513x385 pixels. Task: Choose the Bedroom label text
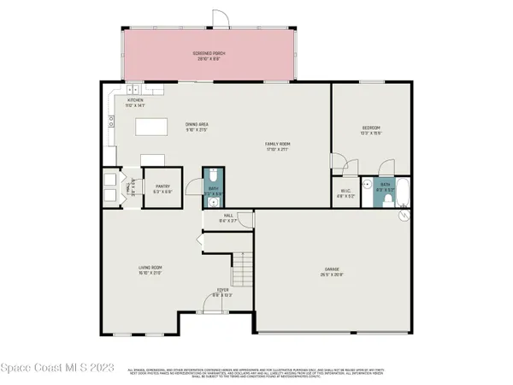pyautogui.click(x=369, y=130)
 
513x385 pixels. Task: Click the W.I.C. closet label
pyautogui.click(x=345, y=193)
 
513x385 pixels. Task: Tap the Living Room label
pyautogui.click(x=150, y=270)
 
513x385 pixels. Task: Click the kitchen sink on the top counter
pyautogui.click(x=134, y=91)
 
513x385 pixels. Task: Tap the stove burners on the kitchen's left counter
pyautogui.click(x=111, y=121)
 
